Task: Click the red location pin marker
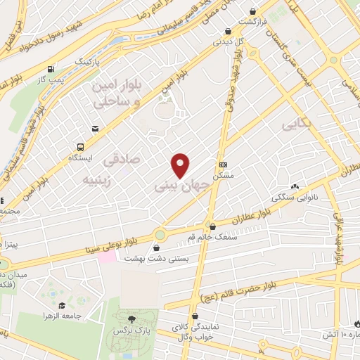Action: point(181,166)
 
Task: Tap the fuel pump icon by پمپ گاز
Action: point(51,70)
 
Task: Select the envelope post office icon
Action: point(95,129)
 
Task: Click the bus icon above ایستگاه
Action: point(81,148)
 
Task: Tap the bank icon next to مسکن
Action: point(224,163)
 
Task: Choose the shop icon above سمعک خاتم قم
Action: point(213,226)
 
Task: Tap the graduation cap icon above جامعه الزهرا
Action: point(63,306)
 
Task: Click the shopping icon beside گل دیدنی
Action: point(228,31)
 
